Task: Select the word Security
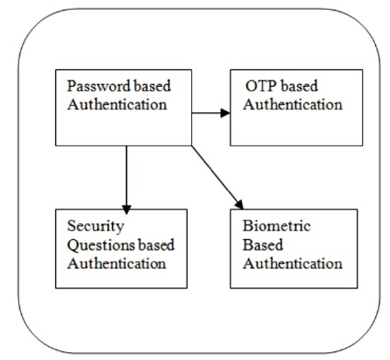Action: click(96, 227)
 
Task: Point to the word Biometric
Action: click(277, 226)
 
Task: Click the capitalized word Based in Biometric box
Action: click(263, 244)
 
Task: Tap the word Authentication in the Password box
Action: click(117, 104)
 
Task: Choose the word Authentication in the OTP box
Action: click(293, 104)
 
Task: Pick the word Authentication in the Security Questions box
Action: click(117, 264)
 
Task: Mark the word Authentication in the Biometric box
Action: click(293, 264)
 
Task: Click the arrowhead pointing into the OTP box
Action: click(225, 113)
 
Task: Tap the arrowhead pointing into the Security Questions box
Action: click(126, 209)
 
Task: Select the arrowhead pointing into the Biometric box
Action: click(239, 204)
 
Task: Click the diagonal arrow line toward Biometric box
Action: click(217, 177)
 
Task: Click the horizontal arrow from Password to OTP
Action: click(211, 113)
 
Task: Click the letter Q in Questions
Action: click(73, 246)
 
